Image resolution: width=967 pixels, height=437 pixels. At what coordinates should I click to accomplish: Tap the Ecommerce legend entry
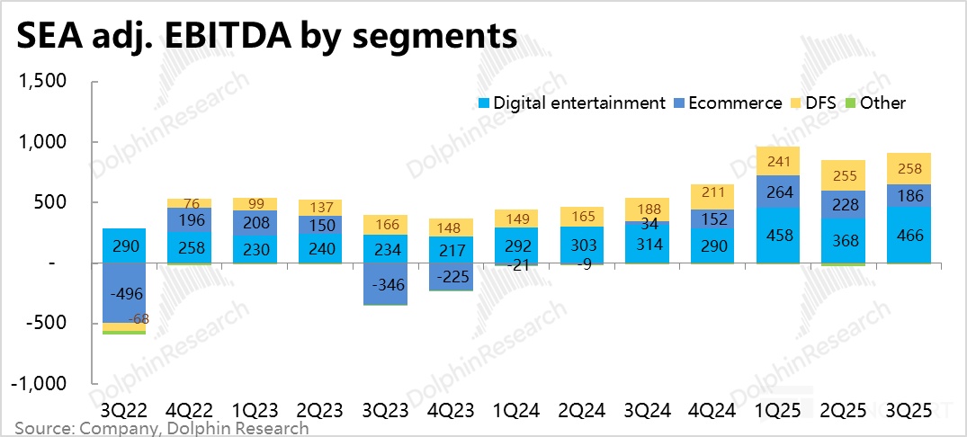click(x=729, y=103)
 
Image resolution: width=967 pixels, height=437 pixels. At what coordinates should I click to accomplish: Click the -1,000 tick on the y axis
click(x=39, y=384)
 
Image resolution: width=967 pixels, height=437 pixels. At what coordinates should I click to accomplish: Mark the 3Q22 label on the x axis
click(x=123, y=410)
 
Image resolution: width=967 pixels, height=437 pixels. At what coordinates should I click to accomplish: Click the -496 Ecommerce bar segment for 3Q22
click(x=124, y=293)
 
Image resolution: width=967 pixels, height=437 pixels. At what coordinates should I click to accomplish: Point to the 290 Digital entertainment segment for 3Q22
click(x=124, y=245)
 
